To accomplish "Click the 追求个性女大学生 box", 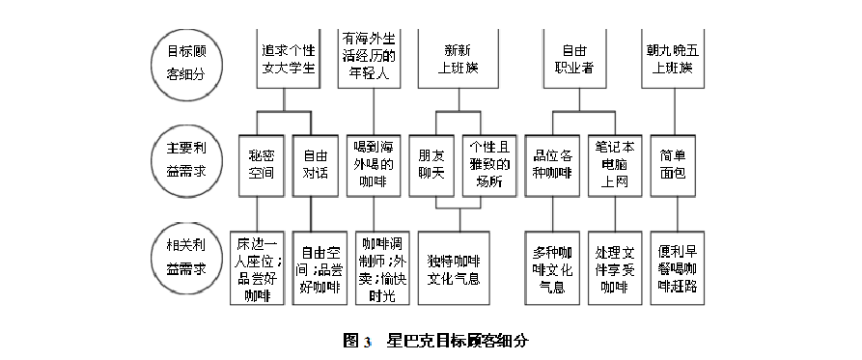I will (x=289, y=57).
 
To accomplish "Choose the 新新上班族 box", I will (x=459, y=57).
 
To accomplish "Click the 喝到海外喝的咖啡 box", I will (x=373, y=162).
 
